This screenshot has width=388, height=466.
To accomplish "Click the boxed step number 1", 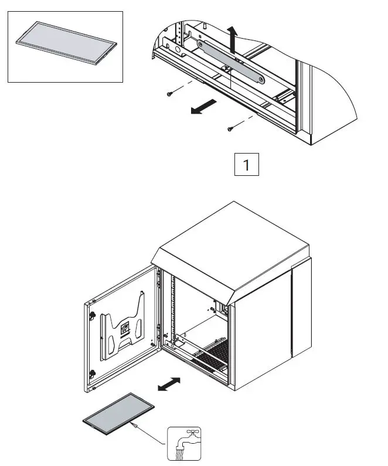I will point(246,165).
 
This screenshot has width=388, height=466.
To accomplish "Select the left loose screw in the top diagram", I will point(169,93).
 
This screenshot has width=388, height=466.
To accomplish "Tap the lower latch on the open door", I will point(93,373).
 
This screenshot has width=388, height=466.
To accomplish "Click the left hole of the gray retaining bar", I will point(203,43).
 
